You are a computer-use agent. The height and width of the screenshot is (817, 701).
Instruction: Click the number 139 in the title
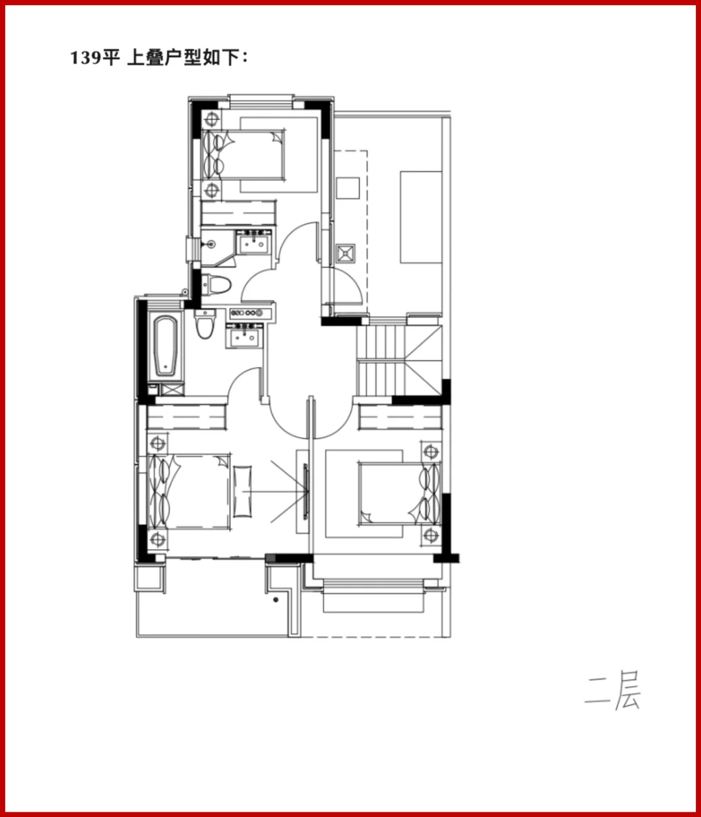86,58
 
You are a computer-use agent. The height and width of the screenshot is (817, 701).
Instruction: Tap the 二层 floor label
612,690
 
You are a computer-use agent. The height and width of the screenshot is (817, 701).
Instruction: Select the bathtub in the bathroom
166,346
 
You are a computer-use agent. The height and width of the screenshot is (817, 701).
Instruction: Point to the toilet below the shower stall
216,285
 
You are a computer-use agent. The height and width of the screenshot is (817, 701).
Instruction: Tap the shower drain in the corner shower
211,244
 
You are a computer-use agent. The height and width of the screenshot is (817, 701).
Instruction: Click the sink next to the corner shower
253,243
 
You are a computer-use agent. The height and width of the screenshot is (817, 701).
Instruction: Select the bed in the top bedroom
243,155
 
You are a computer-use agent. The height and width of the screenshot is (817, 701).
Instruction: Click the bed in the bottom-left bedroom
189,492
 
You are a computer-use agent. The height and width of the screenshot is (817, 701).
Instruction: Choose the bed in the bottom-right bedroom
400,494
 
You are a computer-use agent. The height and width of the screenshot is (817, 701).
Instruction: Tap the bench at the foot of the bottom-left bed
242,492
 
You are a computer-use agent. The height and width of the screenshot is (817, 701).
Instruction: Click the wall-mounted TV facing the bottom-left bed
306,492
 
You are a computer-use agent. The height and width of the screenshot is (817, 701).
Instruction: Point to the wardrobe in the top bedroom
238,213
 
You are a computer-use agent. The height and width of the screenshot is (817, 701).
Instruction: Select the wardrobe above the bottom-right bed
400,418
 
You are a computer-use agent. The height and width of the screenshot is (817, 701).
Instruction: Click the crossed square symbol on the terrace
345,254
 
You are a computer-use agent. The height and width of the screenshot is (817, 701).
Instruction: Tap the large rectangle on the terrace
421,217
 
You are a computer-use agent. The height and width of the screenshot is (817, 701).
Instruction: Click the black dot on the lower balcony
276,600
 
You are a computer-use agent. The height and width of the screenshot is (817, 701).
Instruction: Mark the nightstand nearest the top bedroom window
212,119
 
